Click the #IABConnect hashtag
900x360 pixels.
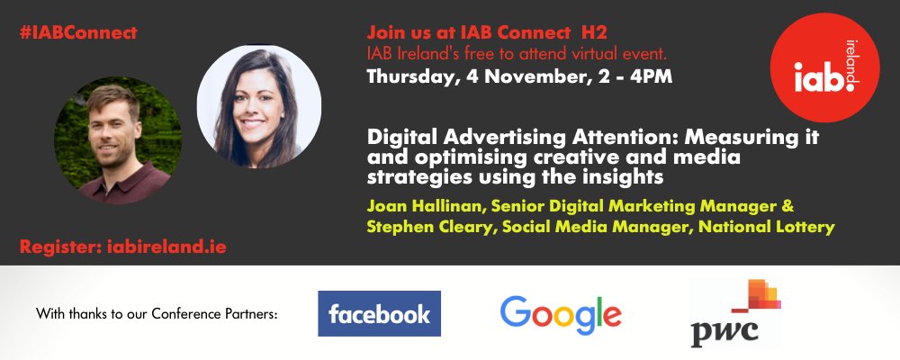click(77, 33)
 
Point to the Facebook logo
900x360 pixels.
click(379, 313)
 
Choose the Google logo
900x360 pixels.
click(561, 314)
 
